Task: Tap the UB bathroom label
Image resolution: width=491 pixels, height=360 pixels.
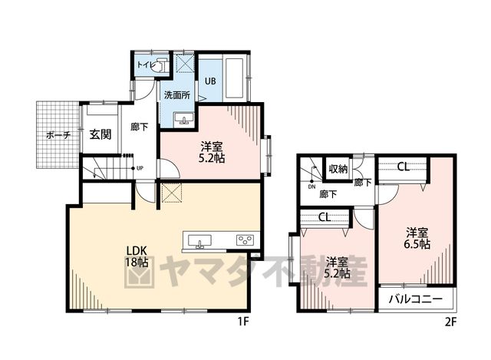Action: click(210, 81)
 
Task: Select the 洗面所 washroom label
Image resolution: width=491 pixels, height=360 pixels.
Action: click(177, 95)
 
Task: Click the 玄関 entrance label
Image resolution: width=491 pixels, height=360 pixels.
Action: click(101, 134)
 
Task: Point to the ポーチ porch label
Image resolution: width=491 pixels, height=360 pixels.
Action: click(58, 135)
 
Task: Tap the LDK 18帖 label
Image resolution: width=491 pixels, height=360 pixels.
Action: click(137, 256)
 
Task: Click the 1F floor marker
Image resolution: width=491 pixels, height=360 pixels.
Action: click(243, 322)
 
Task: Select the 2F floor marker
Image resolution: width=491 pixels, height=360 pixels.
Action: click(451, 322)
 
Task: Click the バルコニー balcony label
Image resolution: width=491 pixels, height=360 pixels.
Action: click(416, 299)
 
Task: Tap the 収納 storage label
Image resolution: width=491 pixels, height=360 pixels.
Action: click(338, 169)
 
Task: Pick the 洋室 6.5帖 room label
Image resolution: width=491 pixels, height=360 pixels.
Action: click(417, 239)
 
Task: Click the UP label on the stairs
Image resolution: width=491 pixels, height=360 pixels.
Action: click(140, 168)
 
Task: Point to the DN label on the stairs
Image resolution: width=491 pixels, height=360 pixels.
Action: click(311, 187)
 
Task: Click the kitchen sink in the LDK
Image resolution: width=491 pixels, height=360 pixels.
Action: click(199, 241)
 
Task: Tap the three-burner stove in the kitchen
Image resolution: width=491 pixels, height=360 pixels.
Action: click(245, 240)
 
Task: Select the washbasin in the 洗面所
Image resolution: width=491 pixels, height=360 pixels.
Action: click(184, 119)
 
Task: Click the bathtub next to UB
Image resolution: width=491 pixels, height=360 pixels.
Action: click(236, 78)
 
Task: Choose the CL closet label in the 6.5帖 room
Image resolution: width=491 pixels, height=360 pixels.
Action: click(404, 167)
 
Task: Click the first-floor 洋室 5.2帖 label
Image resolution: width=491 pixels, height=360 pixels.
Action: click(212, 152)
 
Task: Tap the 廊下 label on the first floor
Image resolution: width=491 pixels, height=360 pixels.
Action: click(139, 127)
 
